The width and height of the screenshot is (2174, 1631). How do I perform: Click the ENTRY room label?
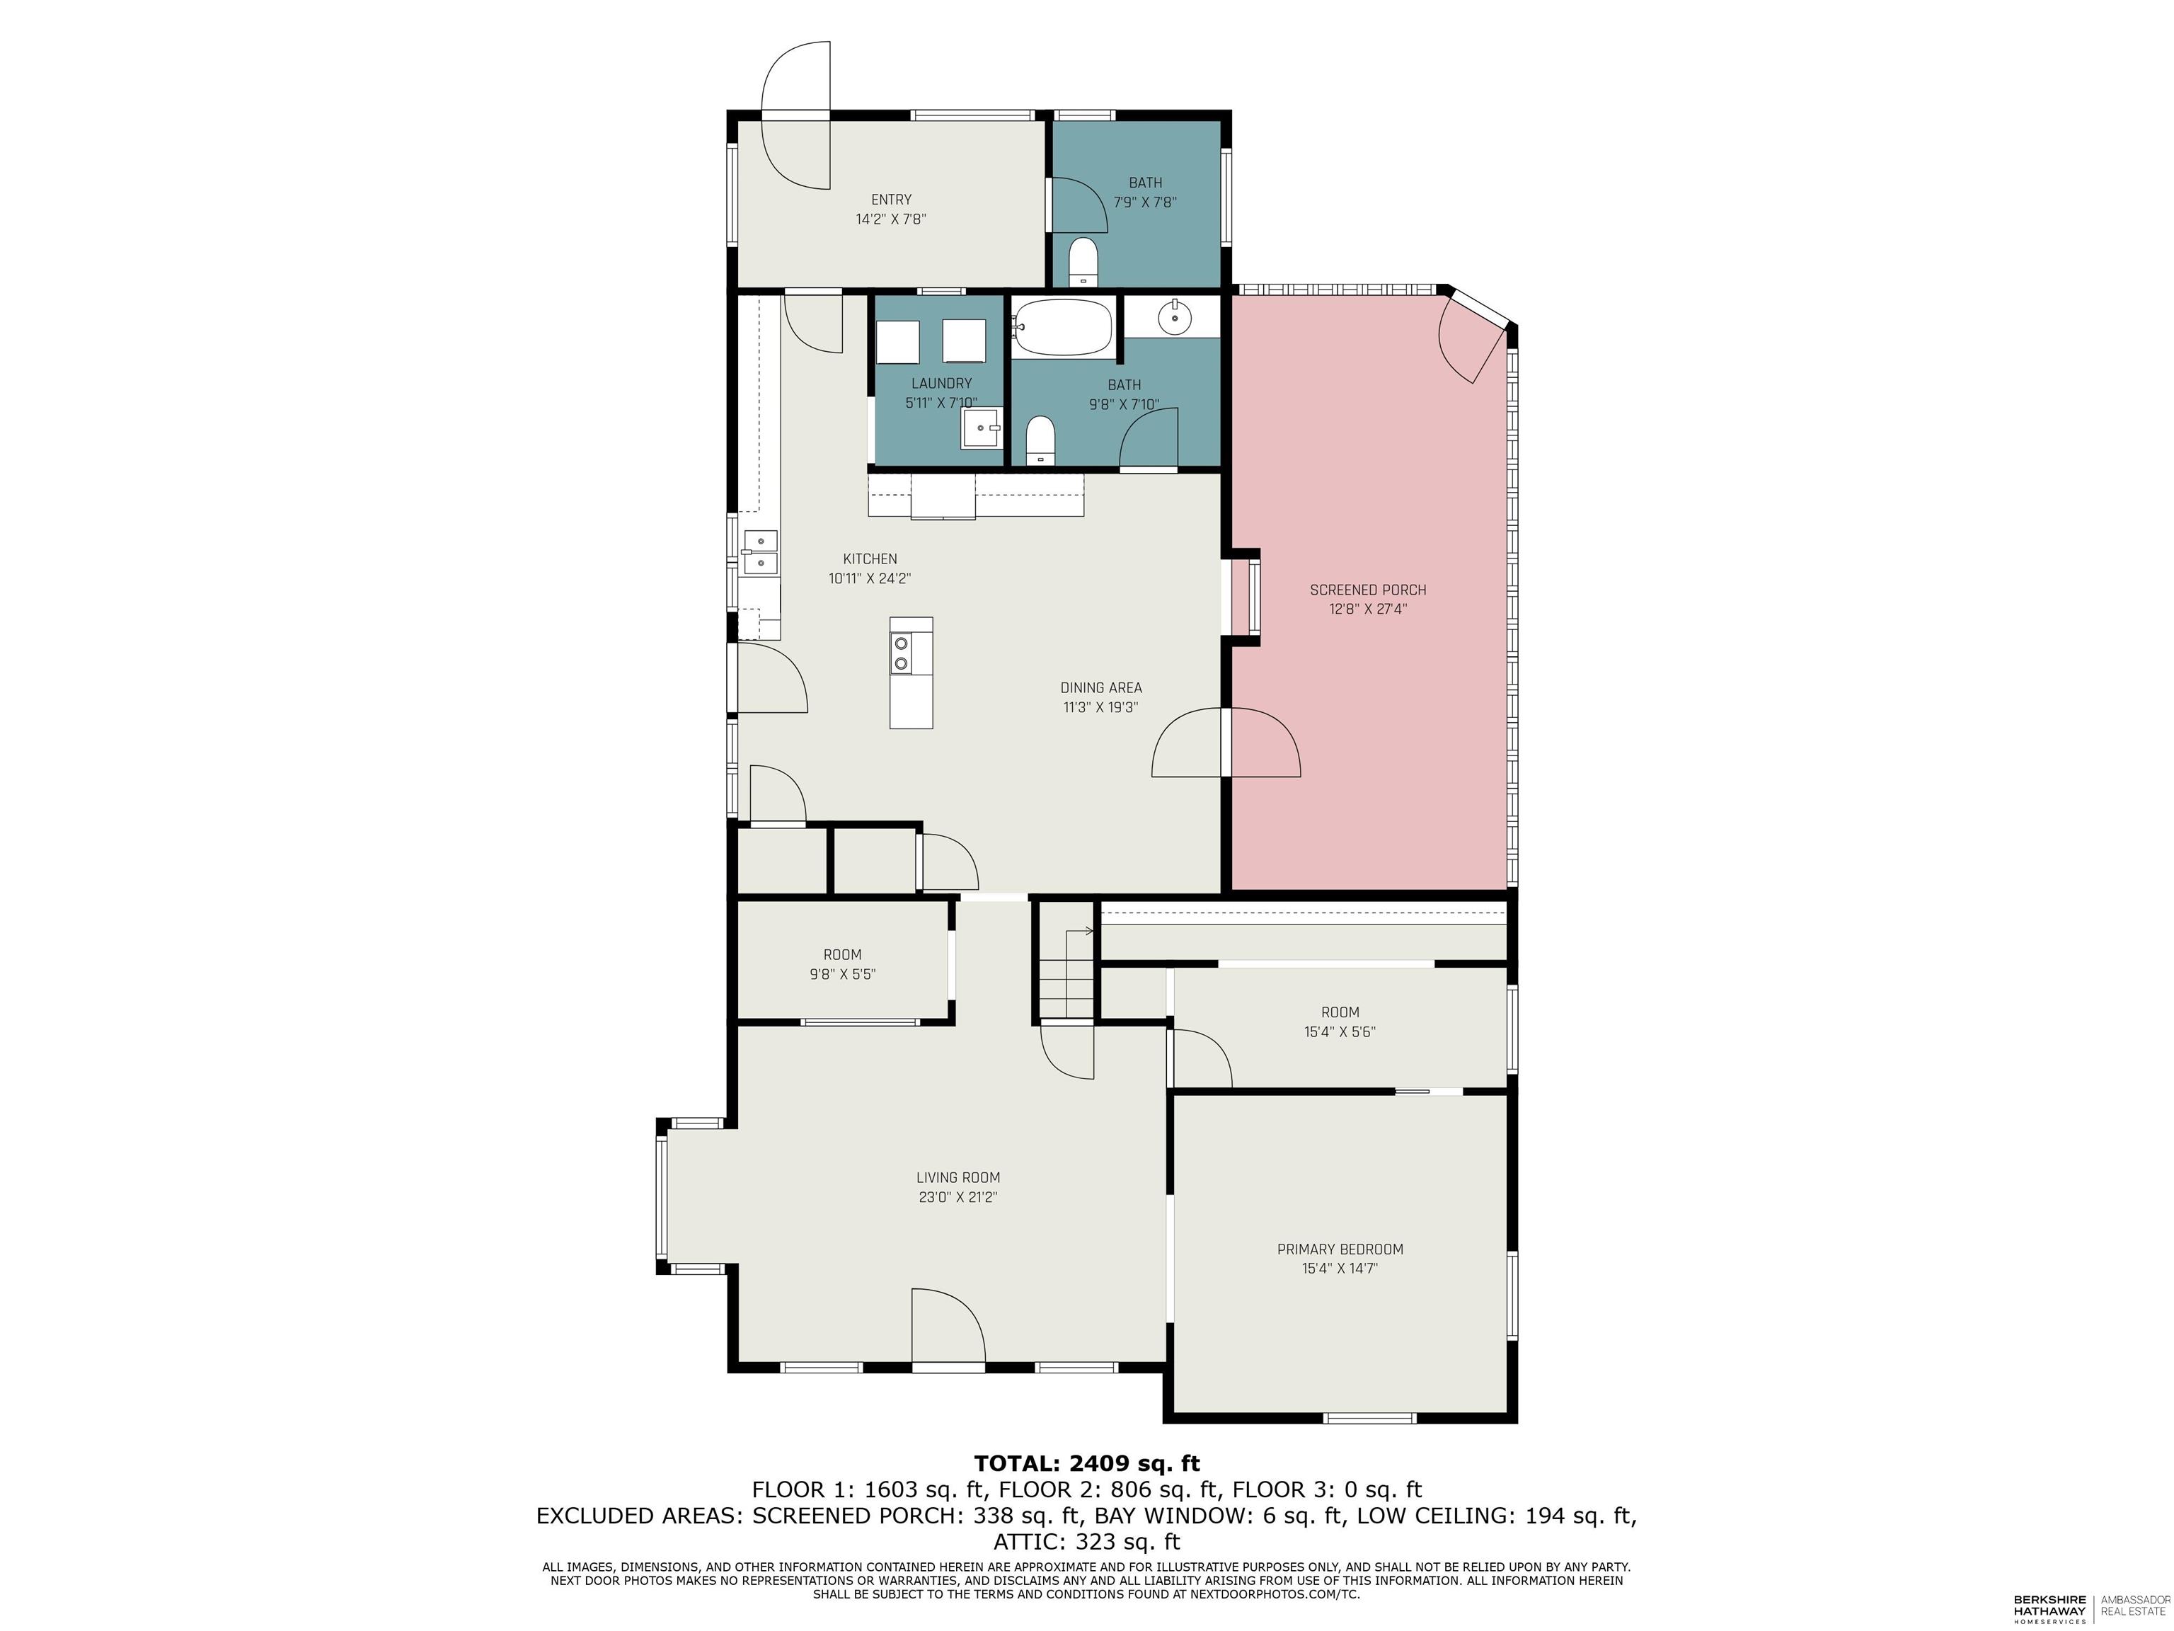pyautogui.click(x=890, y=200)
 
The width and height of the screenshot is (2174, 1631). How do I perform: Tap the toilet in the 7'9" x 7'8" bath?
pyautogui.click(x=1083, y=261)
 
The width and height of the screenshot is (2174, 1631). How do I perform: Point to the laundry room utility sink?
pyautogui.click(x=980, y=429)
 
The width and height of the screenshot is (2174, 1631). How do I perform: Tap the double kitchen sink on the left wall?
pyautogui.click(x=760, y=551)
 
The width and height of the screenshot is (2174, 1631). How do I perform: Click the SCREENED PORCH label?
pyautogui.click(x=1367, y=590)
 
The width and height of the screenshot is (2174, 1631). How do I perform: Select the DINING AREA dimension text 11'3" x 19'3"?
pyautogui.click(x=1100, y=707)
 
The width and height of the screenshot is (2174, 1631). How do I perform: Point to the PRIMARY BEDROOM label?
pyautogui.click(x=1340, y=1249)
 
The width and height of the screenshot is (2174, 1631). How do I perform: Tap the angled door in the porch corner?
pyautogui.click(x=1471, y=343)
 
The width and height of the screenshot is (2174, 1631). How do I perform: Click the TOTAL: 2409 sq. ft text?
pyautogui.click(x=1086, y=1463)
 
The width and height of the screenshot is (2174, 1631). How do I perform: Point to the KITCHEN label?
pyautogui.click(x=870, y=559)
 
